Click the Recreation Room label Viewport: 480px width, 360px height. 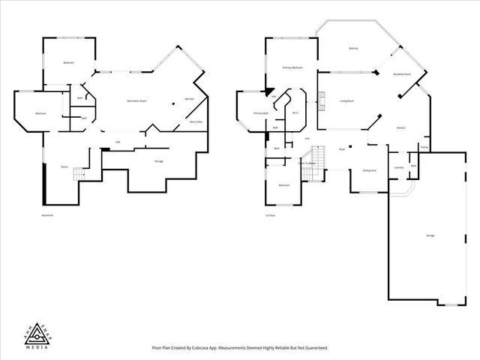(x=136, y=100)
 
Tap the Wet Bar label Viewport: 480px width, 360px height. (x=189, y=99)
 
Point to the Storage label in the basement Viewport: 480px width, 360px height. (x=159, y=161)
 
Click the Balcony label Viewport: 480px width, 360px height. (x=353, y=49)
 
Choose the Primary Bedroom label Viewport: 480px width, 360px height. (x=292, y=67)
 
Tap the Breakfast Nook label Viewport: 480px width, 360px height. (x=401, y=74)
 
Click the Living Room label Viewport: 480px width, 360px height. (x=346, y=100)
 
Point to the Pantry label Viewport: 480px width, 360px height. (x=424, y=148)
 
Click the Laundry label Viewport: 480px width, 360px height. (x=398, y=166)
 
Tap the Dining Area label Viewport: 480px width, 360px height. (x=369, y=171)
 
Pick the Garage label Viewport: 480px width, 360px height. (x=430, y=235)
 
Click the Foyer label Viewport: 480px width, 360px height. (x=342, y=149)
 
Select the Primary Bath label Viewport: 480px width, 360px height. (x=261, y=113)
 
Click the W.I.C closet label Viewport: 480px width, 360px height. (x=295, y=113)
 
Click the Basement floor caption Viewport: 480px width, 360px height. (x=48, y=216)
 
